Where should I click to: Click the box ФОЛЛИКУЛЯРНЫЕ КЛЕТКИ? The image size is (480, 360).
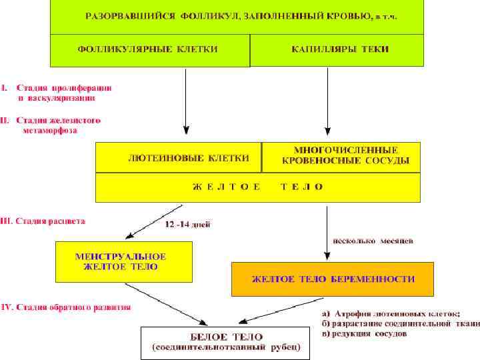(150, 50)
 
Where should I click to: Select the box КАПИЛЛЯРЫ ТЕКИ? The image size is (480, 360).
(337, 50)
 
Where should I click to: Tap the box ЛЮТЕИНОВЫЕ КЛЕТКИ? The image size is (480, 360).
(179, 158)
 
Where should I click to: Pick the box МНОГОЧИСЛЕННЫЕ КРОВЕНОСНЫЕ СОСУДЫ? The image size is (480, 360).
(341, 157)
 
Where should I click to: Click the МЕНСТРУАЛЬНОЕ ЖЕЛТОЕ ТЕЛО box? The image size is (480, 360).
(124, 261)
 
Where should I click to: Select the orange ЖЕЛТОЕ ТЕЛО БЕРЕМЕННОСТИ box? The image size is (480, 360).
(333, 279)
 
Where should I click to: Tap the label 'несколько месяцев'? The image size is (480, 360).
(373, 241)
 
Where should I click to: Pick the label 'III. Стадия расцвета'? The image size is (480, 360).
(43, 221)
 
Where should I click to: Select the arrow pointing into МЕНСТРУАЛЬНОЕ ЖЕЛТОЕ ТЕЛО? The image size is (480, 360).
(146, 223)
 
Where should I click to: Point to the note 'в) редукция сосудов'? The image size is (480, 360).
(363, 333)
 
